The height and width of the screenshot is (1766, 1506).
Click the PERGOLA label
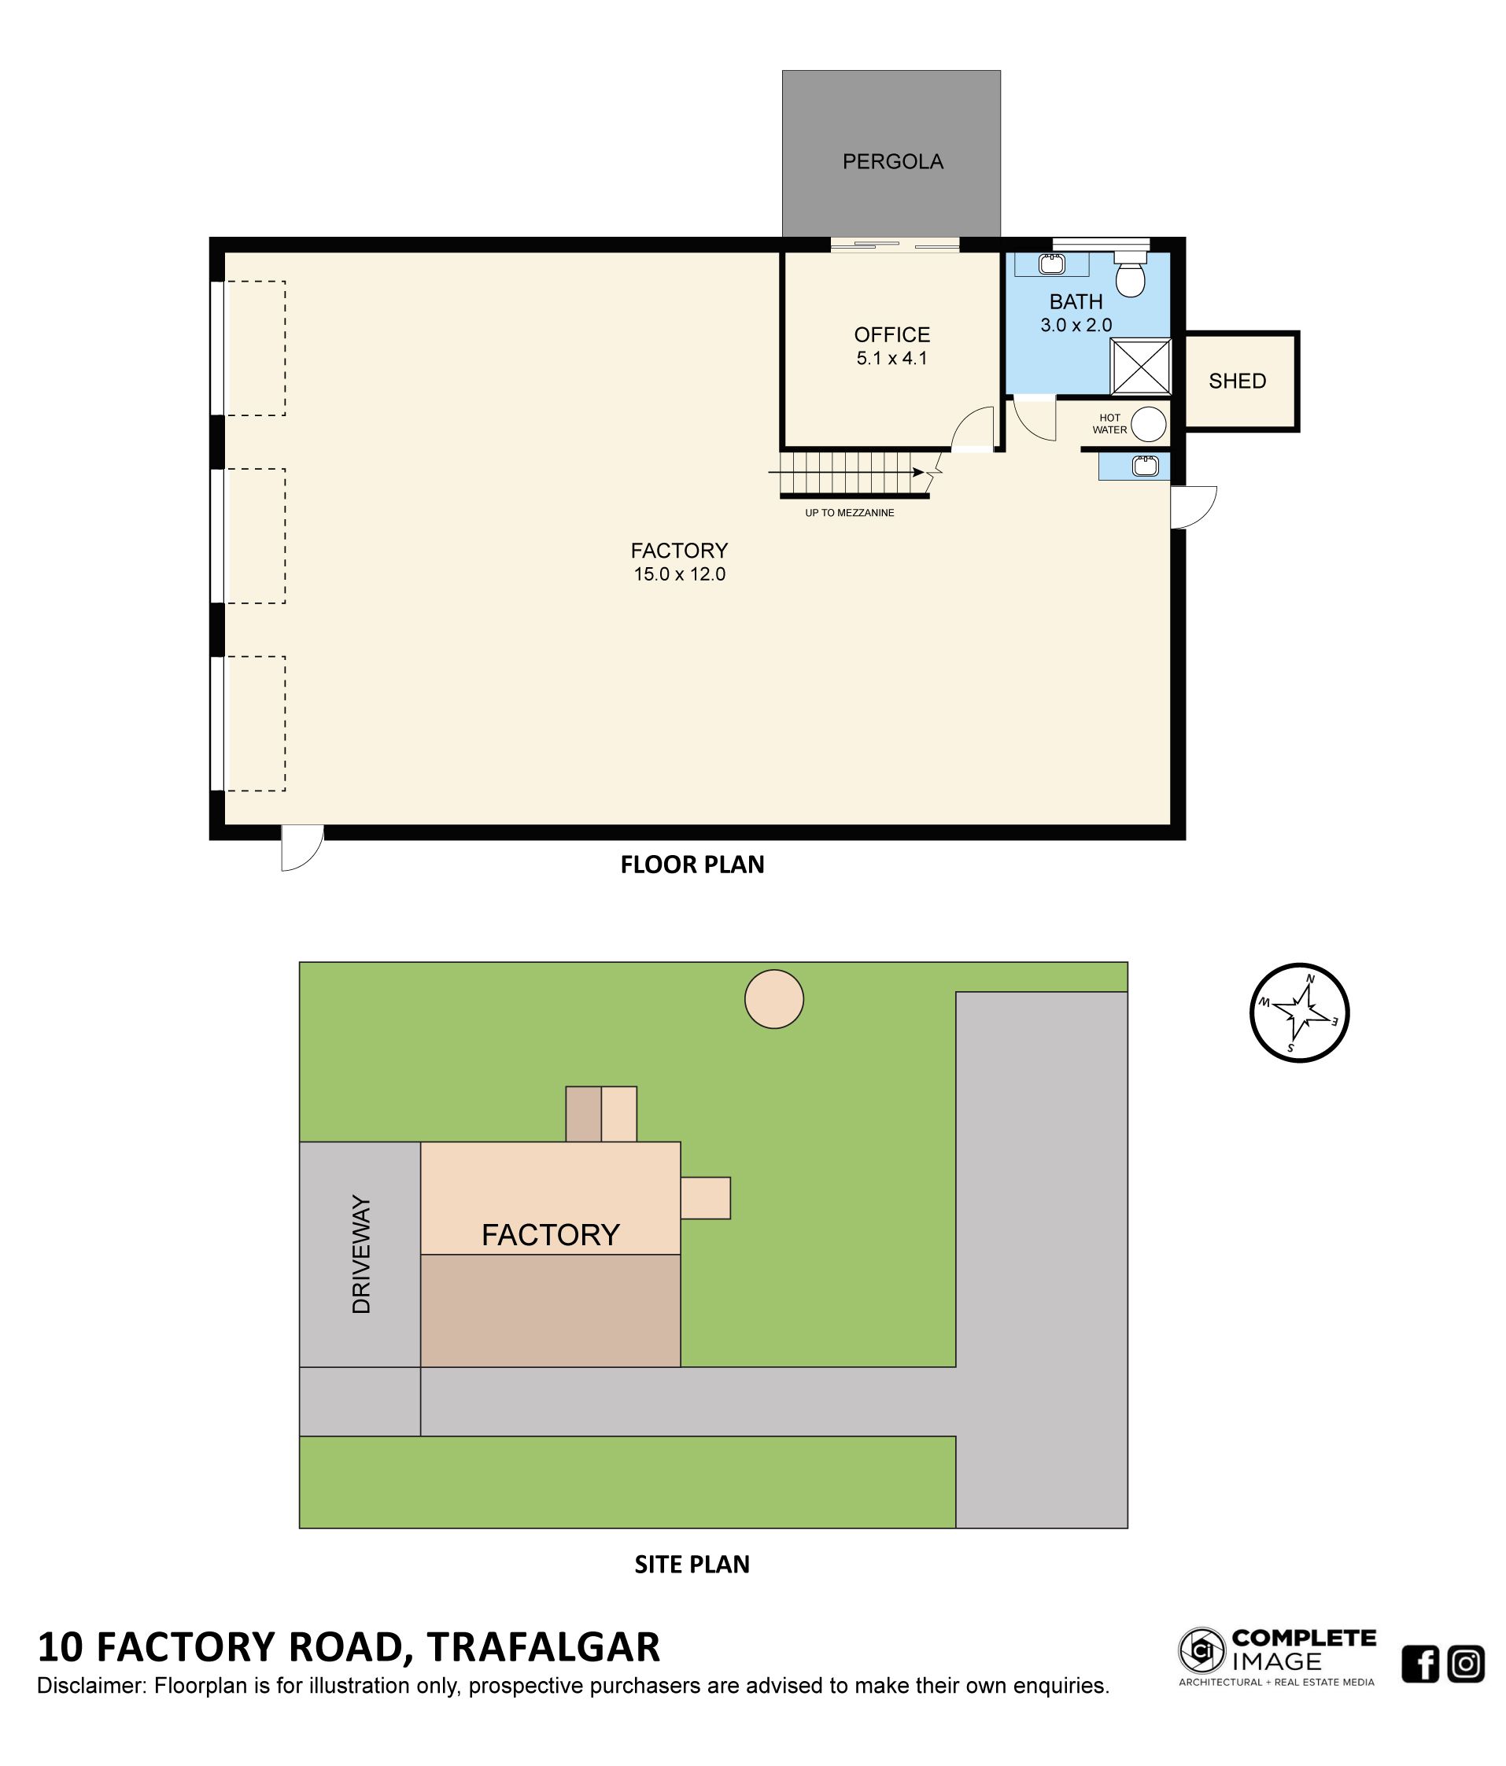(x=892, y=162)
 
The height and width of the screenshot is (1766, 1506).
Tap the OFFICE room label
(x=891, y=335)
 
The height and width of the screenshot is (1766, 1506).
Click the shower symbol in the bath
(x=1140, y=367)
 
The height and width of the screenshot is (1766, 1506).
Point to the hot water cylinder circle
(x=1148, y=423)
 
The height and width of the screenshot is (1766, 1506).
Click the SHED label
(x=1237, y=381)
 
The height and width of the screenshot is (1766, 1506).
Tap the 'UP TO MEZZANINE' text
(x=849, y=513)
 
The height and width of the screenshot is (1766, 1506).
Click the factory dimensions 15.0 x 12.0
(x=679, y=574)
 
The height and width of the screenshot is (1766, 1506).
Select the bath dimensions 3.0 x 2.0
(x=1076, y=325)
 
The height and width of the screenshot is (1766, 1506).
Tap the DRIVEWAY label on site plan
(x=361, y=1254)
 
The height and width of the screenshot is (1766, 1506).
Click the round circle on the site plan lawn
(x=774, y=999)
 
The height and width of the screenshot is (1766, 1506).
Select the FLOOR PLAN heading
(x=692, y=865)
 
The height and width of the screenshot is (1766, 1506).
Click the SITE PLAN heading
(x=692, y=1564)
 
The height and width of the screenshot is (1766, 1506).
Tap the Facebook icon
(x=1420, y=1664)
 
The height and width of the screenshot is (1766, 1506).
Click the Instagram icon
(x=1466, y=1664)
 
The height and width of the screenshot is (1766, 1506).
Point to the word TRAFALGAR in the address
(x=543, y=1646)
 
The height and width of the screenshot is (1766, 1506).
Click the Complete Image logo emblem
(x=1201, y=1650)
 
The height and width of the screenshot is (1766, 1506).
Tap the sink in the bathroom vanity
(x=1052, y=264)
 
